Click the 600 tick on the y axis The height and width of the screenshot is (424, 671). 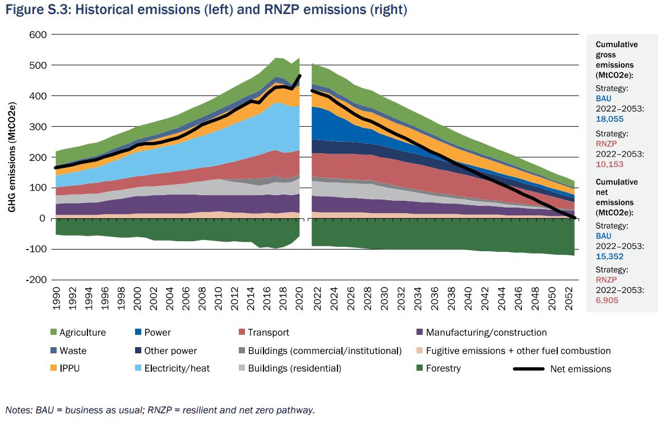pos(39,35)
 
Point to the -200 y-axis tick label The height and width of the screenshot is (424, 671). pos(36,280)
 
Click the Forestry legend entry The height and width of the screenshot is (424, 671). pos(443,368)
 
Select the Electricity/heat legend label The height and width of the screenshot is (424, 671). pos(172,368)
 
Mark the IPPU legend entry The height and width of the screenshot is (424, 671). pos(70,368)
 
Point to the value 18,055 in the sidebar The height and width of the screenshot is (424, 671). pos(609,119)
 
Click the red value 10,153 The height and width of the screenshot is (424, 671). pos(609,165)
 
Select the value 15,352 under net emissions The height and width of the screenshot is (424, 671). pos(609,256)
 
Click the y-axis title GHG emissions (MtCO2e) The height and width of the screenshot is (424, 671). pos(12,156)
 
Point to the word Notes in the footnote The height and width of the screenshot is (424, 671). pos(17,410)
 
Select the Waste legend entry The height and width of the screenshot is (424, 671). pos(73,351)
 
